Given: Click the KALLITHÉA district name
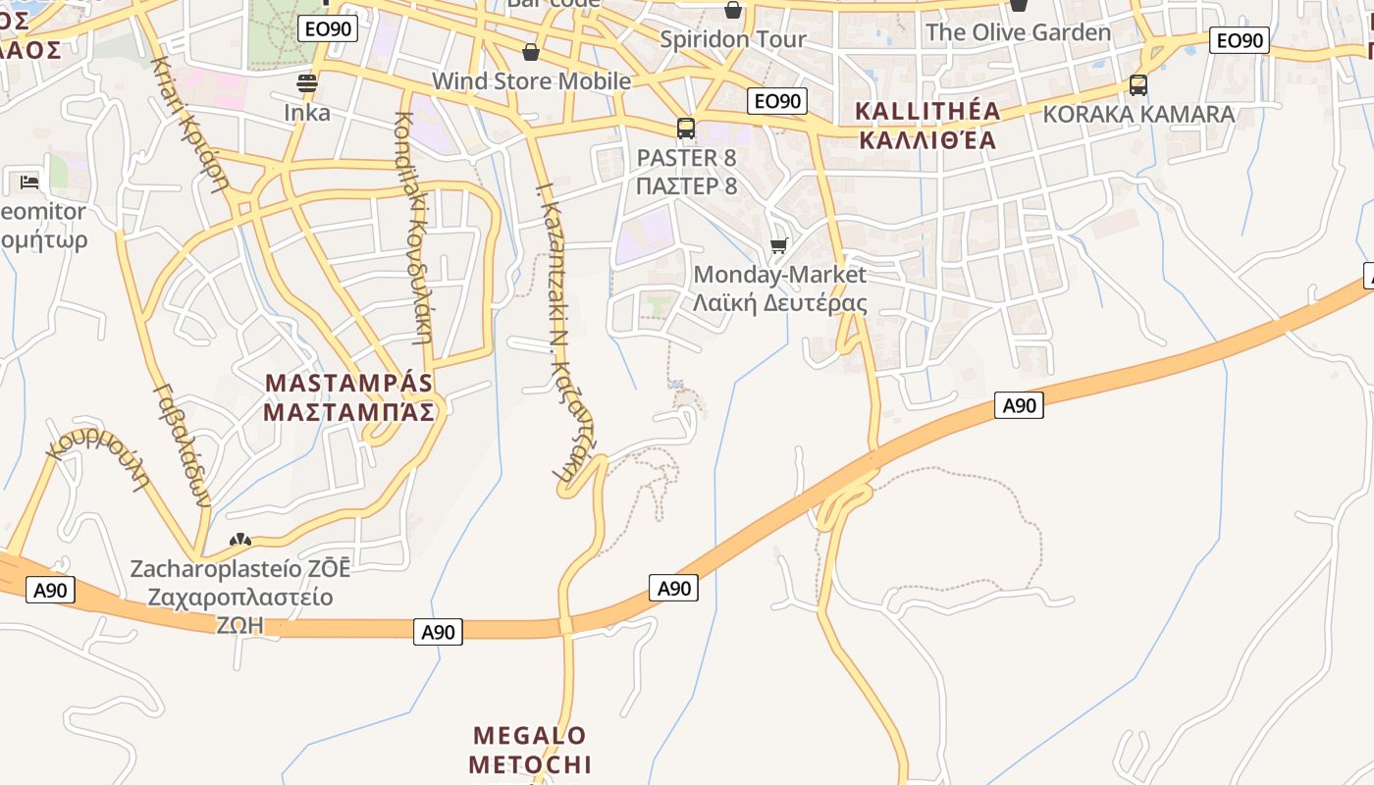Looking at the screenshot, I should tap(927, 125).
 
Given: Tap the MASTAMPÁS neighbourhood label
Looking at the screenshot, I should tap(349, 396).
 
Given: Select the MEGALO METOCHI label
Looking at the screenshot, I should tap(530, 750).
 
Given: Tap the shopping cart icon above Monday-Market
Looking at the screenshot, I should tap(779, 245).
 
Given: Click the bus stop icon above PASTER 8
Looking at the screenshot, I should tap(686, 129).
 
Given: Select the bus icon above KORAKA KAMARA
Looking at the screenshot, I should tap(1138, 85).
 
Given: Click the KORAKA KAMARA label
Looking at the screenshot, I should tap(1138, 114).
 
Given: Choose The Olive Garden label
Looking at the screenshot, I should tap(1018, 32).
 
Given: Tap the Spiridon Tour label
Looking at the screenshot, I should tap(733, 39).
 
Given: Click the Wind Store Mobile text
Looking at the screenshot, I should tap(531, 80).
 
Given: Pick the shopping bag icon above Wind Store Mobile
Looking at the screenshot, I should tap(531, 51).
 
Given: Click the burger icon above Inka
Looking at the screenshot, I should tap(307, 83).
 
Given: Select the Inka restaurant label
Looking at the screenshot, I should tap(307, 112).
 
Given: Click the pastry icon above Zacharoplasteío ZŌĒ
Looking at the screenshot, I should tap(240, 540).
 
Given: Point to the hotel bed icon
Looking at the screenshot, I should tap(29, 182).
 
